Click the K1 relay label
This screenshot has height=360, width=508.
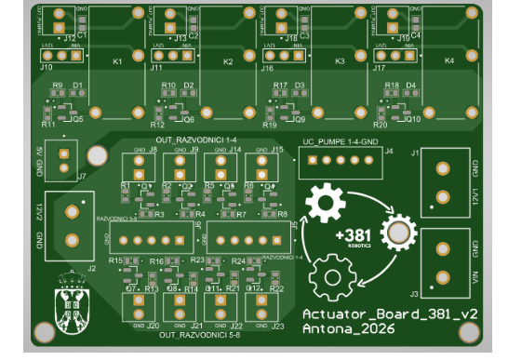(117, 62)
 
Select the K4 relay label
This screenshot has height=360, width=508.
(450, 61)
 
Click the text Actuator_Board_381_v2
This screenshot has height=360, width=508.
(390, 313)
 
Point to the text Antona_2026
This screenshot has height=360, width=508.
(349, 329)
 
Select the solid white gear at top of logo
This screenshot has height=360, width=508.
(325, 201)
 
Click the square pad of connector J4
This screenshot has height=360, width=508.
(308, 161)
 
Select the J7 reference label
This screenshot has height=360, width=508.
(82, 176)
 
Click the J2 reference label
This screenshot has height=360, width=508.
(91, 268)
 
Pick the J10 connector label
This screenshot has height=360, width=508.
(47, 68)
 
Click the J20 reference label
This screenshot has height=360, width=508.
(153, 326)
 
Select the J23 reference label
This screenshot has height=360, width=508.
(276, 326)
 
